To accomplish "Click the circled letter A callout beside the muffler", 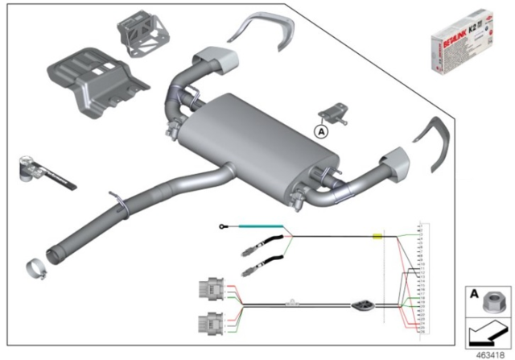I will tap(321, 129).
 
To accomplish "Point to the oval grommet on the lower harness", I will tap(361, 305).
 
